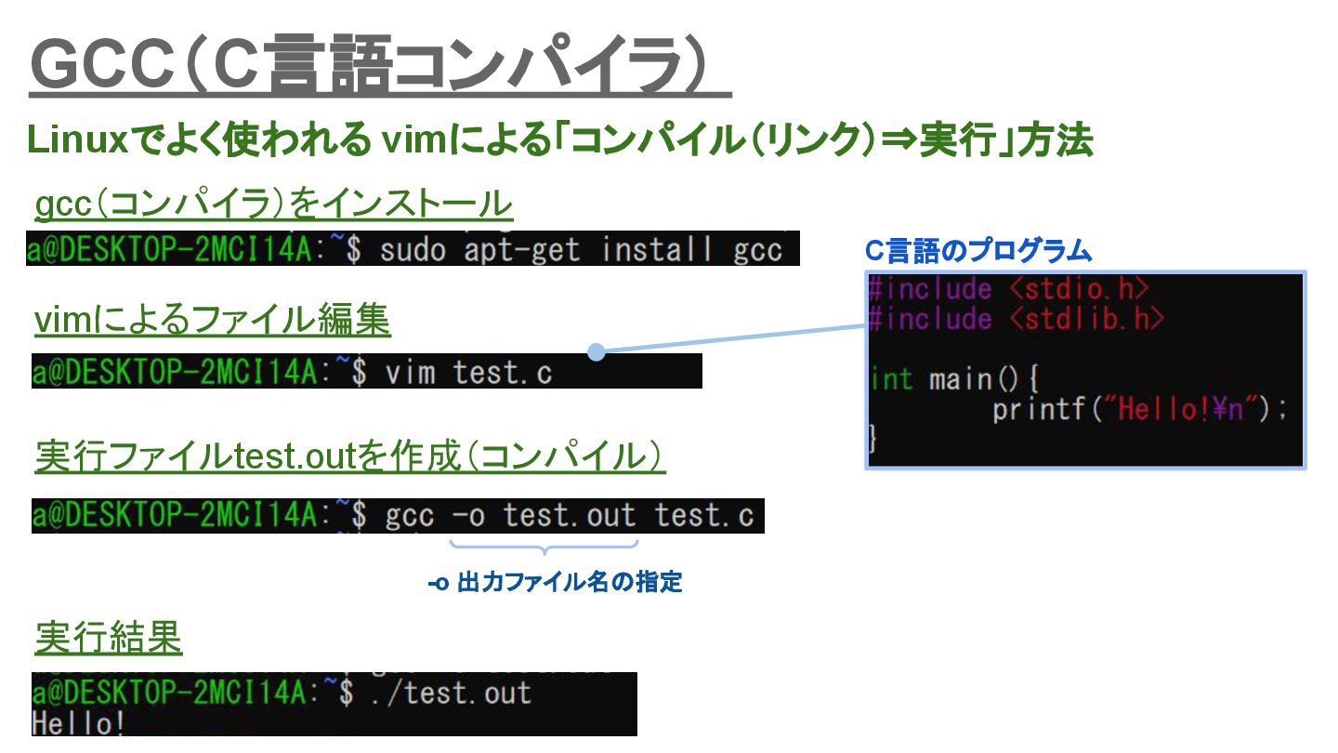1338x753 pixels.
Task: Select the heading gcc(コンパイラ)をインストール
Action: tap(273, 204)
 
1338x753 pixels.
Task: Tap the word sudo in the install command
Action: tap(413, 249)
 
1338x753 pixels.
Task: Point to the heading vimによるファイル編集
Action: tap(213, 321)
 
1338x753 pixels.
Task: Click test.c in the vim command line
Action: tap(502, 373)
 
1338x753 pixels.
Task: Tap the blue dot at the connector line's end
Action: tap(597, 352)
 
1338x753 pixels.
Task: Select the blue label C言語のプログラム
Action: tap(977, 250)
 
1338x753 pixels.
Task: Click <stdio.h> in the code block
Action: tap(1079, 288)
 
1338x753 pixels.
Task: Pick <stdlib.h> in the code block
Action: tap(1087, 319)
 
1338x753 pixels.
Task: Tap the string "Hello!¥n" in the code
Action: tap(1179, 409)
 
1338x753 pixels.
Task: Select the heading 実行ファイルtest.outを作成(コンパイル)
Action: tap(350, 456)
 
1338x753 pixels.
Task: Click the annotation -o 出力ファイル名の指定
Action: tap(555, 583)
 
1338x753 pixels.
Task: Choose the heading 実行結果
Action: tap(108, 638)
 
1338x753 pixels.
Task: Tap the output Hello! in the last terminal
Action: tap(79, 723)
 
